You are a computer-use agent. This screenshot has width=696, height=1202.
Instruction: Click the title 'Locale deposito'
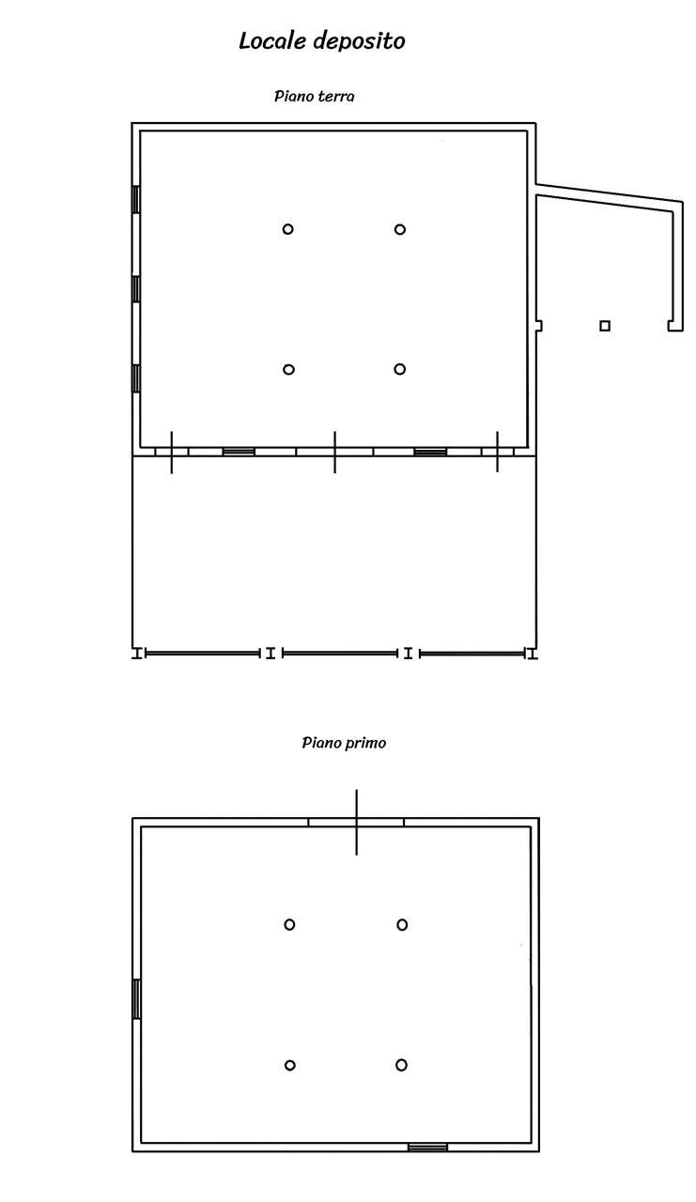point(321,41)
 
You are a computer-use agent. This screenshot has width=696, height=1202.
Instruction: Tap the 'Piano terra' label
point(314,96)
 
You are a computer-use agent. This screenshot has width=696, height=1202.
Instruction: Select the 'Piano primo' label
point(344,743)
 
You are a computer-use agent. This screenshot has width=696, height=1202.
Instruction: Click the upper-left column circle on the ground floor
point(287,229)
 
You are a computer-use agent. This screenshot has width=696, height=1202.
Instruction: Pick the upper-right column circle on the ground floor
point(400,230)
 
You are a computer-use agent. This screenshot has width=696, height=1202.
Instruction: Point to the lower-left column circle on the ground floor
point(288,369)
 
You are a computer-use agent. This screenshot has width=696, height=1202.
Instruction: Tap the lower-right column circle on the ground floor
point(400,369)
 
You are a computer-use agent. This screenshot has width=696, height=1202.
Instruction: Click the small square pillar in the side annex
point(605,326)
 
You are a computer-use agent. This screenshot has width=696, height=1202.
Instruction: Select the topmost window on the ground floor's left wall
point(136,200)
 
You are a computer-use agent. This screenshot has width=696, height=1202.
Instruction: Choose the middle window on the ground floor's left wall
point(136,289)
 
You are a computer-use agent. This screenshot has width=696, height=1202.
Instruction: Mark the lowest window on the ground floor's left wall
point(136,378)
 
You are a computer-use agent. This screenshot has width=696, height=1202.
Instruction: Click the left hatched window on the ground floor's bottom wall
point(239,452)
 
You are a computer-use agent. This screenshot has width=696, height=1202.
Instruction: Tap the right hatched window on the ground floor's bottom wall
point(430,452)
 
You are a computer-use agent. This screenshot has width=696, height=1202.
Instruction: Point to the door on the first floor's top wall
point(356,822)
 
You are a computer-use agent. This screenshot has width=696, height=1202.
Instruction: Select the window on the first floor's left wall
point(137,998)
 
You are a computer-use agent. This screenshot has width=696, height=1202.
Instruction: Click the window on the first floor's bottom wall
point(427,1148)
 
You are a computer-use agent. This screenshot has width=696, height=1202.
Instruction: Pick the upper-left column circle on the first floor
point(290,925)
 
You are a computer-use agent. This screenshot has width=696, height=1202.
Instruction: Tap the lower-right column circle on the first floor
point(401,1065)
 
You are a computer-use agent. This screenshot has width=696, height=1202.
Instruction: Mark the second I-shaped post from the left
point(271,653)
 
